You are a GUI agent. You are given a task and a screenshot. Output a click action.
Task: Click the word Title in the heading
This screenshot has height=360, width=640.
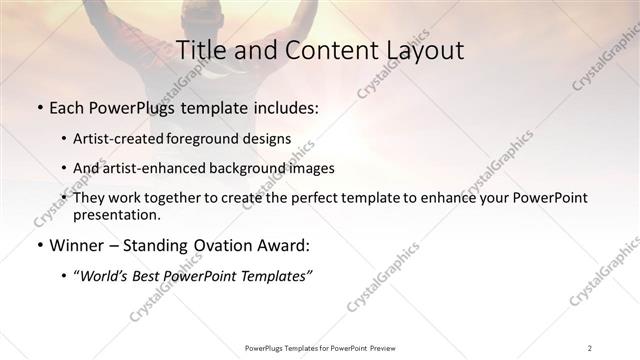pos(200,50)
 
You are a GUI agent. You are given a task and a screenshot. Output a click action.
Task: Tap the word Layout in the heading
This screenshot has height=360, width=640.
pos(423,50)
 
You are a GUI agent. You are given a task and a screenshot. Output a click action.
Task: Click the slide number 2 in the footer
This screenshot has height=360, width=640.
pos(590,348)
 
